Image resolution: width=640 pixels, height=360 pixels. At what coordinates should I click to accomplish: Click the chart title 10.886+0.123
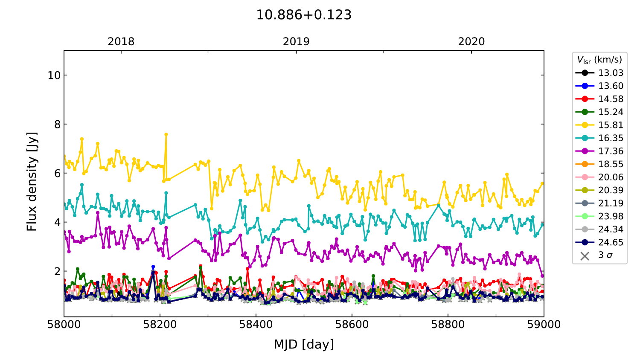pyautogui.click(x=304, y=15)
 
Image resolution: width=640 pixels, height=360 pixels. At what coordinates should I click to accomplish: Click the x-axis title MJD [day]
pyautogui.click(x=304, y=344)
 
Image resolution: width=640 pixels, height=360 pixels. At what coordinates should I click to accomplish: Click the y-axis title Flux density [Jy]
pyautogui.click(x=32, y=182)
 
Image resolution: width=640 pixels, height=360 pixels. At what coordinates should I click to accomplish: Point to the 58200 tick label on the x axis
pyautogui.click(x=160, y=325)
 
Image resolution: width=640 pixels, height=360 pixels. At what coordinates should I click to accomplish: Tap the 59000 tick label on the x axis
pyautogui.click(x=544, y=325)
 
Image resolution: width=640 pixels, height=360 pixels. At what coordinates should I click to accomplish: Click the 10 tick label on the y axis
pyautogui.click(x=54, y=75)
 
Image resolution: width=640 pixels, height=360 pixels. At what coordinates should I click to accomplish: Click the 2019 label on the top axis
pyautogui.click(x=296, y=42)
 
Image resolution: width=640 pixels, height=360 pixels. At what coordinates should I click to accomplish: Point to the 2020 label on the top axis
pyautogui.click(x=471, y=42)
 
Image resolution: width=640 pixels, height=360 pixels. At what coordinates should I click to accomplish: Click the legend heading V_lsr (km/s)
pyautogui.click(x=599, y=60)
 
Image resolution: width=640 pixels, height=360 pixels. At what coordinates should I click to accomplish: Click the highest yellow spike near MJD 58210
pyautogui.click(x=166, y=134)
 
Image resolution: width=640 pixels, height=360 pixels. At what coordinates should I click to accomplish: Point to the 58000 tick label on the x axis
pyautogui.click(x=64, y=325)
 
